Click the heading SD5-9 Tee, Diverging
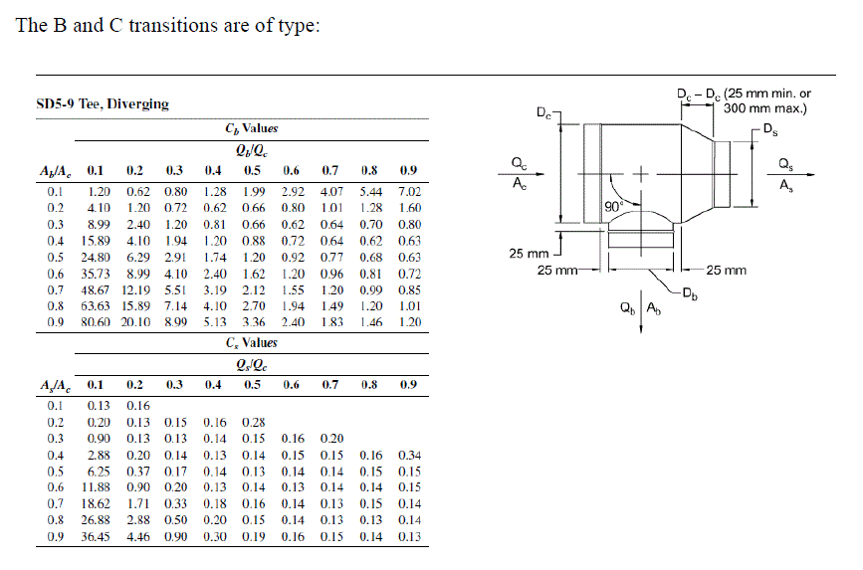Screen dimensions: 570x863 tap(103, 103)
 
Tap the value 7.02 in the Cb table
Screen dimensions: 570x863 tap(408, 191)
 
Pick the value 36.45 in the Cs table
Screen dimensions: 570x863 tap(98, 537)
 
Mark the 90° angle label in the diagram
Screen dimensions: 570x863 tap(614, 205)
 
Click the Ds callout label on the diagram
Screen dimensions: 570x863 tap(771, 128)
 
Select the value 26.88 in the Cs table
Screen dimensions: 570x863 tap(98, 520)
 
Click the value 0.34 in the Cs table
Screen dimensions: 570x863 tap(409, 455)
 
